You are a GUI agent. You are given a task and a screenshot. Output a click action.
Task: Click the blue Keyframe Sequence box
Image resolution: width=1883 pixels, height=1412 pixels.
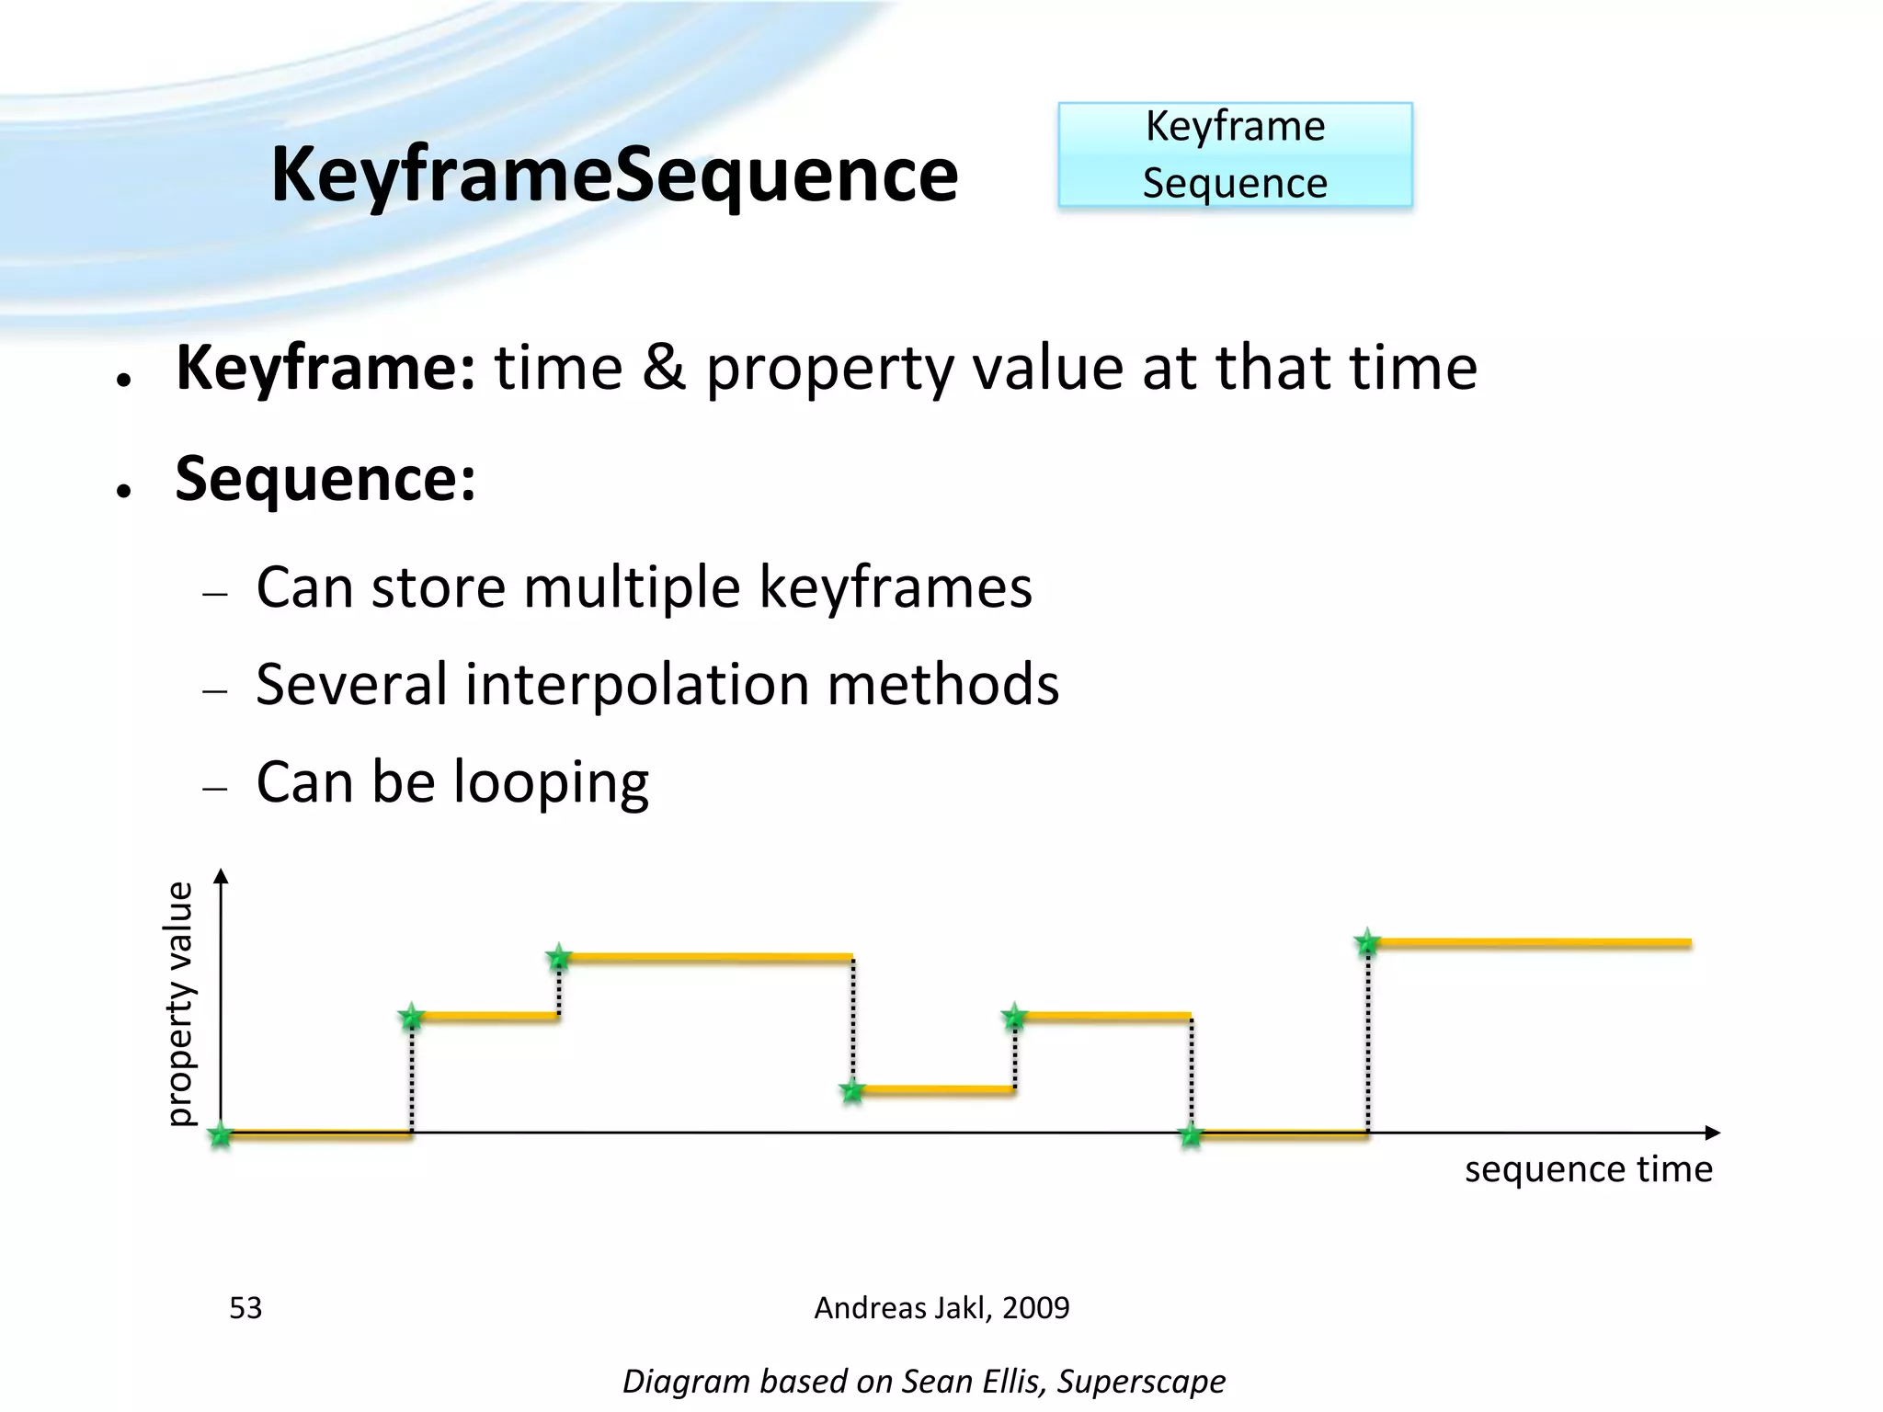[1235, 154]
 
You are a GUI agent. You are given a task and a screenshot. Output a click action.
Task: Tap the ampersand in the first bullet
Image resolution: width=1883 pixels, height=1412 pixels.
[664, 368]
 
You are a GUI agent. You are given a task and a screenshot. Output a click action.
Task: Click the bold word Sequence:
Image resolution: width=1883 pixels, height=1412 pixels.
[325, 479]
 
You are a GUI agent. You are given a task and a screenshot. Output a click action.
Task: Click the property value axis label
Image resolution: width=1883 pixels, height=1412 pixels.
[179, 1003]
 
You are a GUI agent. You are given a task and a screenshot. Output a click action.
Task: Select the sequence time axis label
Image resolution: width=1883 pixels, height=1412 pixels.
[1588, 1169]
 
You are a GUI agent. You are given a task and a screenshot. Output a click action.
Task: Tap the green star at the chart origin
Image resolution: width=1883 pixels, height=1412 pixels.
[221, 1135]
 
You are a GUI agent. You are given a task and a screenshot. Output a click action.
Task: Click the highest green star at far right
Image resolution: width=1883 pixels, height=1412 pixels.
[1367, 942]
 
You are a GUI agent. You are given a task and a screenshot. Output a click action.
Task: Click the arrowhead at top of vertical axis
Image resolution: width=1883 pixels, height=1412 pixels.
[221, 875]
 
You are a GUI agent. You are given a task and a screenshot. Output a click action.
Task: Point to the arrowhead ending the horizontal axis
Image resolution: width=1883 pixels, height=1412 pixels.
[1712, 1133]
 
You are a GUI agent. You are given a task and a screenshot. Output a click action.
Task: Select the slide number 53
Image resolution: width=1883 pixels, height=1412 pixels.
[245, 1307]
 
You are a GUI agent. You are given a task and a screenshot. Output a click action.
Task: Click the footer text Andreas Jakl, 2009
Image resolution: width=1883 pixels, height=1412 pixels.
[941, 1307]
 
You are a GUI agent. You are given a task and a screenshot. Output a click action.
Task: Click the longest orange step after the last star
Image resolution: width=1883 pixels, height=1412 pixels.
[1531, 943]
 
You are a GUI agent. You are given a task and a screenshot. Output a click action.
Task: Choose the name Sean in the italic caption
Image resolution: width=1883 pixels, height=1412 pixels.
[933, 1381]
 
